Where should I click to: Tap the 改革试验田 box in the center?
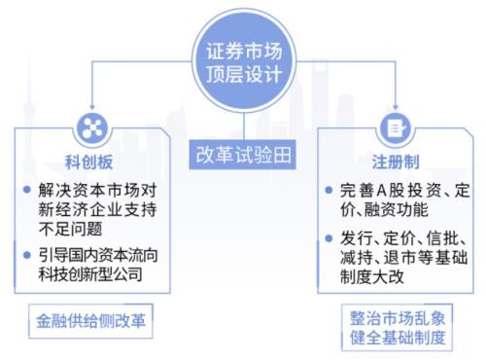pos(243,153)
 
